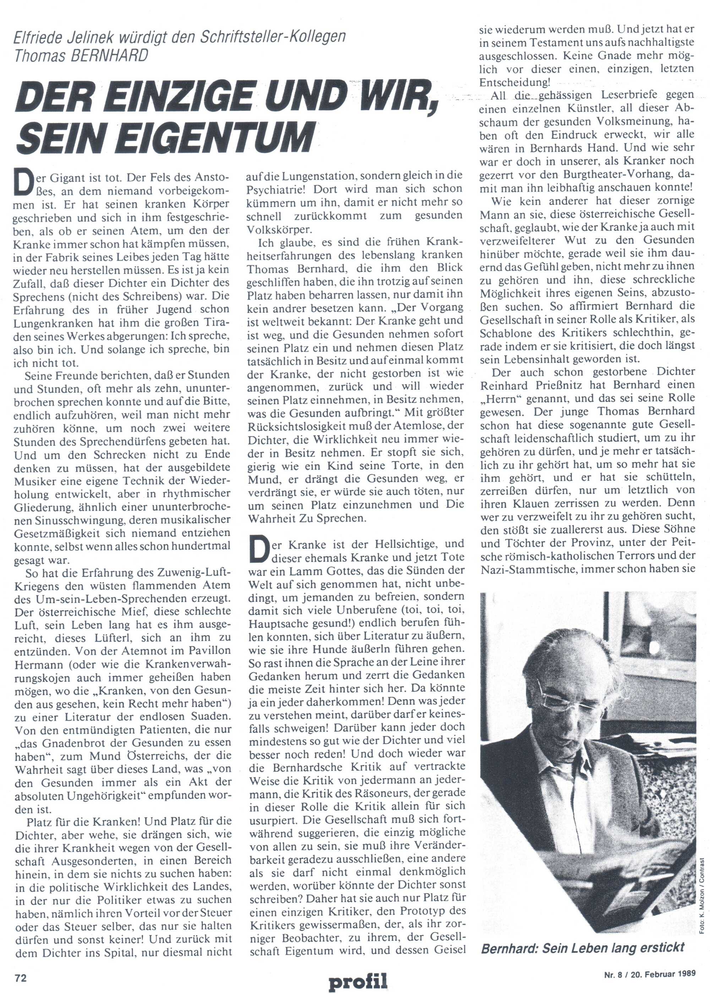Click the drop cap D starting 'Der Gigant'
25,185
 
